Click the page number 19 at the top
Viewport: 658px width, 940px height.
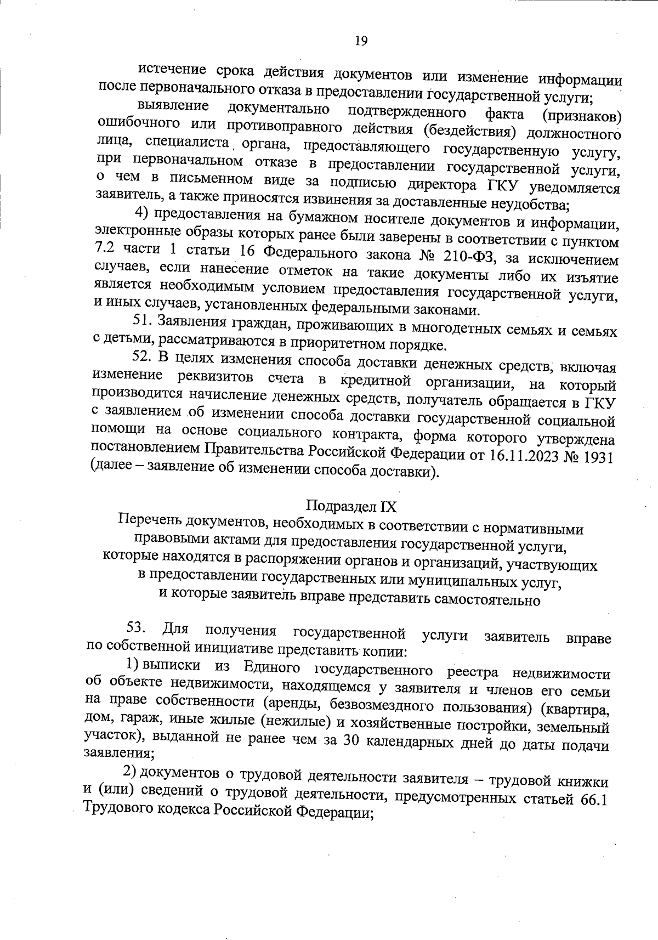[360, 41]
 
